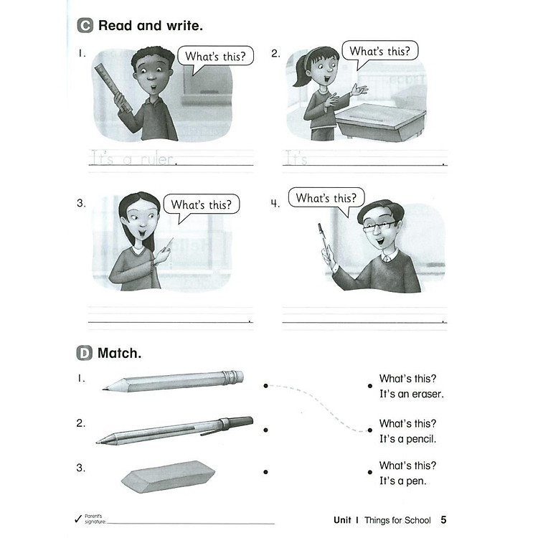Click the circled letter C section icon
point(85,27)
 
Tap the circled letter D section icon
point(85,353)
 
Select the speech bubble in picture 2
point(379,52)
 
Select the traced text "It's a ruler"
point(133,159)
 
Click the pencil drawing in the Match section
point(173,380)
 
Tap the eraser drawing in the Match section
point(169,476)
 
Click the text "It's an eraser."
point(412,394)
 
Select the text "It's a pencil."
point(408,438)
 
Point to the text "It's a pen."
point(403,481)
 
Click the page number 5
point(444,519)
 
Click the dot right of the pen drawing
point(265,430)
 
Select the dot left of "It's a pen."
point(369,472)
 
